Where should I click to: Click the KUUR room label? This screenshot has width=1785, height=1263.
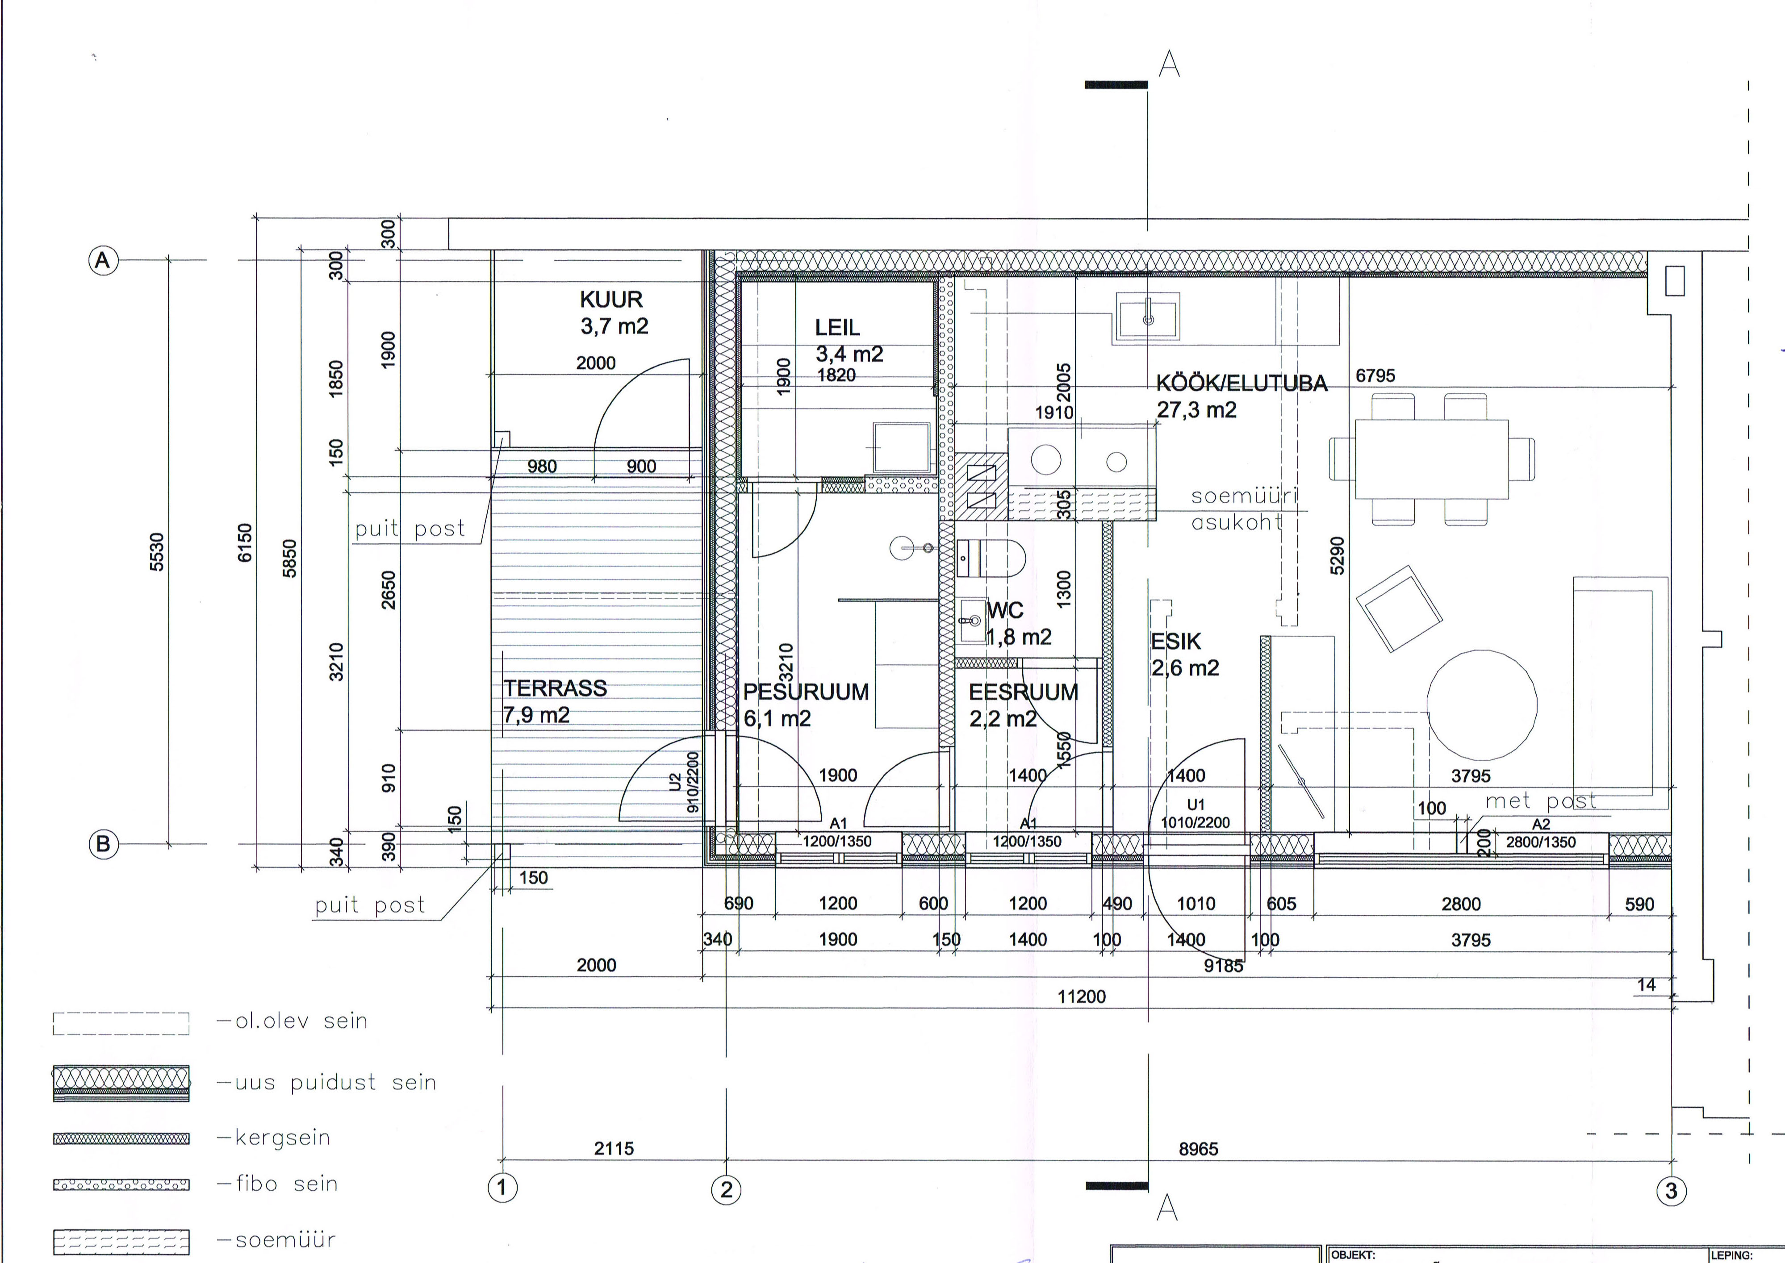(x=611, y=300)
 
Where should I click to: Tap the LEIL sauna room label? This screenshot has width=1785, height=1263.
(x=838, y=328)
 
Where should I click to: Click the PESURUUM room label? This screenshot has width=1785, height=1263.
(x=806, y=692)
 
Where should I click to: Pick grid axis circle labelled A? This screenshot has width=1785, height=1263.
(x=103, y=261)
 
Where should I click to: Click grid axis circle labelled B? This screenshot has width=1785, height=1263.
(x=103, y=844)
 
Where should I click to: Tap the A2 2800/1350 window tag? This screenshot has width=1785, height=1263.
(x=1541, y=834)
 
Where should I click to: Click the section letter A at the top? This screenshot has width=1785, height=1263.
(x=1169, y=65)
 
